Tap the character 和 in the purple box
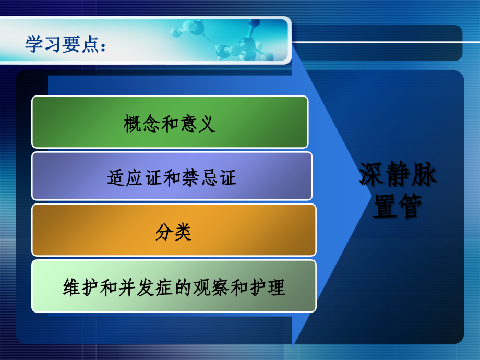coord(171,178)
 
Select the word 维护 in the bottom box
coord(78,287)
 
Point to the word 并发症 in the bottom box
coord(142,287)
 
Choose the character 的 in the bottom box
coord(174,287)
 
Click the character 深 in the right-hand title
coord(371,176)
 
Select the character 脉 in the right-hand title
coord(424,176)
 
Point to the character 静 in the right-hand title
coord(398,176)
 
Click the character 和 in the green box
coord(170,124)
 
